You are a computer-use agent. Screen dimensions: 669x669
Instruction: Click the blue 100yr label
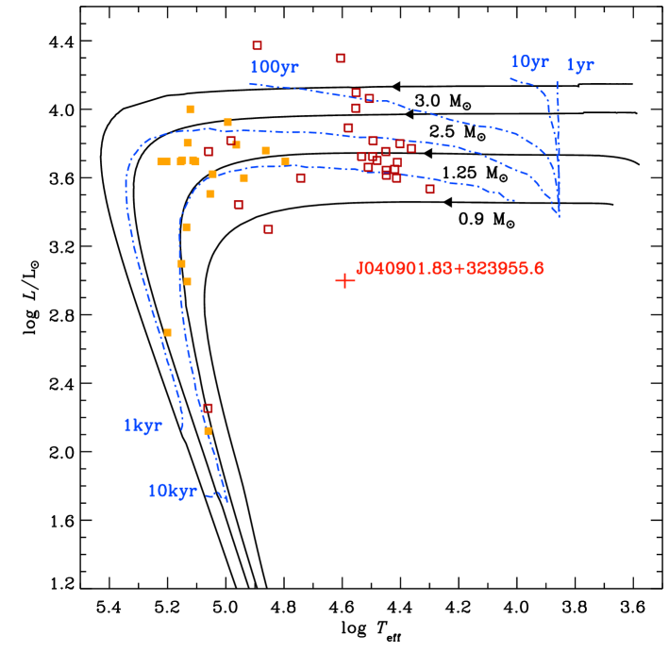click(x=274, y=68)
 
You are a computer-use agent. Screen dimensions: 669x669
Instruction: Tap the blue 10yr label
click(x=529, y=62)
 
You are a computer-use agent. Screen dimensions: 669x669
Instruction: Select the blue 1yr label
click(x=579, y=65)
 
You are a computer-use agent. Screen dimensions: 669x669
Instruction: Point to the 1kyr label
click(x=142, y=426)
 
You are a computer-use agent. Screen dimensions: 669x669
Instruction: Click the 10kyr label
click(x=172, y=492)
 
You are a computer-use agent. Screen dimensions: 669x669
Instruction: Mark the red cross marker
click(x=345, y=280)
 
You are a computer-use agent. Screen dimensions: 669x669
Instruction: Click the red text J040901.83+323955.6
click(x=449, y=269)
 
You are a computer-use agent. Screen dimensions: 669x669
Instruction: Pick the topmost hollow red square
click(x=257, y=45)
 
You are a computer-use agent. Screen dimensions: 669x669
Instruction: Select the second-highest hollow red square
click(x=340, y=58)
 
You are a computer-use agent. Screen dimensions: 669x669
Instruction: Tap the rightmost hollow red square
click(x=429, y=189)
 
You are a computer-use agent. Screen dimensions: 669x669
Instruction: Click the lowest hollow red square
click(x=208, y=408)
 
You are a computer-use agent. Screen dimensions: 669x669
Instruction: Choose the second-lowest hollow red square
click(x=268, y=229)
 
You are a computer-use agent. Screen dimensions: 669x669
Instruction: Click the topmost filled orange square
click(x=191, y=109)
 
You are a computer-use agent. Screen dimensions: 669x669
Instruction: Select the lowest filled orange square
click(x=208, y=430)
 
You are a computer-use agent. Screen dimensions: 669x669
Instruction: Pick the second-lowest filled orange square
click(x=167, y=332)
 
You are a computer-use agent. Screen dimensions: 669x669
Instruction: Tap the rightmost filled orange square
click(x=285, y=161)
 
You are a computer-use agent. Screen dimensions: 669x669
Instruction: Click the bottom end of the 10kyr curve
click(x=227, y=502)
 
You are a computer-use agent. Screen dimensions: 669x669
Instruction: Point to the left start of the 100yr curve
click(x=249, y=84)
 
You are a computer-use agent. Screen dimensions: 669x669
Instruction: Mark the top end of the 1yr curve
click(x=557, y=81)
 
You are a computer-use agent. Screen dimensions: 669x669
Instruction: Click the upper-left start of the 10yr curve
click(x=510, y=78)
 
